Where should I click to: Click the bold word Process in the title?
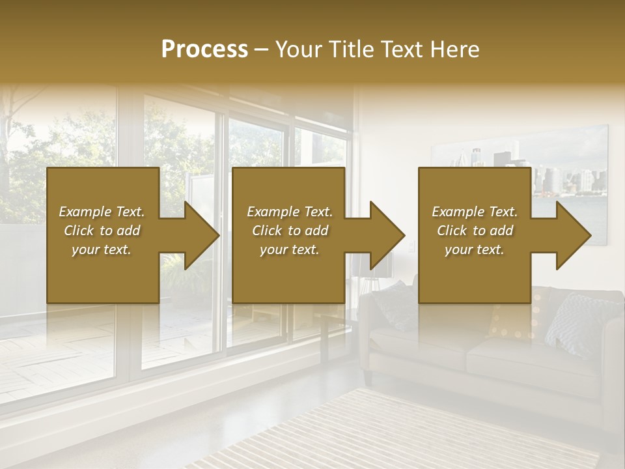[204, 49]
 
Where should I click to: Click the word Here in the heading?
[454, 49]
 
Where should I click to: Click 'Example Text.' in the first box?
[102, 212]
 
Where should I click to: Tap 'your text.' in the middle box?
[289, 249]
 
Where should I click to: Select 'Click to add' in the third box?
[475, 231]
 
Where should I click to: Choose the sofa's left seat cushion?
[417, 348]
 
